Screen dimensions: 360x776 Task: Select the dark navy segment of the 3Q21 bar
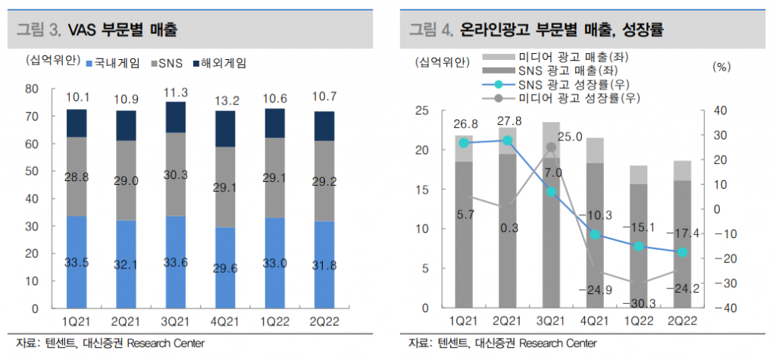(x=175, y=117)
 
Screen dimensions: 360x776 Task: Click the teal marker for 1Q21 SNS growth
(x=464, y=142)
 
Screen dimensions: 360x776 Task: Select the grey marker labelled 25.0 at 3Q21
(x=551, y=147)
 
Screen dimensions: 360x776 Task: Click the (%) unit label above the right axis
(x=721, y=67)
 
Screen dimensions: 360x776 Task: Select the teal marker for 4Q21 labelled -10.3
(x=595, y=234)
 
